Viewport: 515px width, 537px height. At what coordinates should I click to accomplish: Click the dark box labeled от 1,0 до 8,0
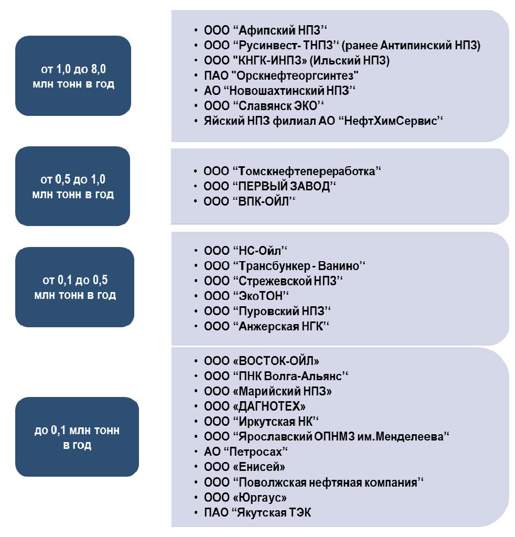pyautogui.click(x=73, y=76)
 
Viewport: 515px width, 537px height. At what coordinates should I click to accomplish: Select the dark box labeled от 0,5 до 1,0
pyautogui.click(x=72, y=186)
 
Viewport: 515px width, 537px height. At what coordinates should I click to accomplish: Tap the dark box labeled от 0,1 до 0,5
pyautogui.click(x=74, y=287)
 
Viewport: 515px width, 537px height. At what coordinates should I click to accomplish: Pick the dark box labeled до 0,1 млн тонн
pyautogui.click(x=77, y=437)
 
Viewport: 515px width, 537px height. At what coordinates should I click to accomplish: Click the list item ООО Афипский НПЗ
pyautogui.click(x=265, y=30)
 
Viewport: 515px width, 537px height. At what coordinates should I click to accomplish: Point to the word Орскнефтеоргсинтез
pyautogui.click(x=297, y=76)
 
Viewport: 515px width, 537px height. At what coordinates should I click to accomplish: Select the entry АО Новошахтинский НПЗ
pyautogui.click(x=280, y=91)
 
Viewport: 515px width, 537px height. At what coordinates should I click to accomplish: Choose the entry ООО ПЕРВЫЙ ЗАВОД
pyautogui.click(x=270, y=186)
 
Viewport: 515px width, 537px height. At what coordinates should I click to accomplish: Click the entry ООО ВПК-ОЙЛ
pyautogui.click(x=249, y=201)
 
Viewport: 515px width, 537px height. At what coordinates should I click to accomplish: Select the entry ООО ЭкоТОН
pyautogui.click(x=246, y=296)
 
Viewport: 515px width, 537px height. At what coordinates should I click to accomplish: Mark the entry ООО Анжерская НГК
pyautogui.click(x=266, y=326)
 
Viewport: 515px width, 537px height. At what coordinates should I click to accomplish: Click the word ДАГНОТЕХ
pyautogui.click(x=269, y=406)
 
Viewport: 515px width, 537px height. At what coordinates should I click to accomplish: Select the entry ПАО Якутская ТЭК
pyautogui.click(x=257, y=513)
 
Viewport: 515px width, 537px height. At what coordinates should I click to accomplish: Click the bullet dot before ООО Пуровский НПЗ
pyautogui.click(x=196, y=311)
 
